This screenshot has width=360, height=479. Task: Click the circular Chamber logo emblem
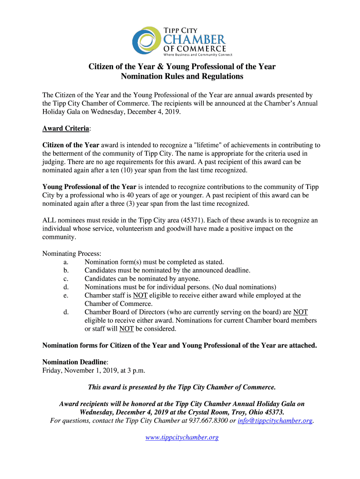(x=146, y=40)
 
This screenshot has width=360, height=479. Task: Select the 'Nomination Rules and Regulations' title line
(x=182, y=76)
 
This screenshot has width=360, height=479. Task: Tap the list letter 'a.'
(x=66, y=262)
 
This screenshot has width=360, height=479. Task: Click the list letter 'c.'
(x=66, y=279)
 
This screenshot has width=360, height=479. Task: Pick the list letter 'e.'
(x=66, y=296)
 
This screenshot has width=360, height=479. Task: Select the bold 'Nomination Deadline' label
(x=75, y=362)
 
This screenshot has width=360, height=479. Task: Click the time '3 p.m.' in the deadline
(x=135, y=370)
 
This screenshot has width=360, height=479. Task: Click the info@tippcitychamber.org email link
(x=275, y=421)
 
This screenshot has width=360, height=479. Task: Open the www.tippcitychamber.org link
(x=182, y=437)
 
